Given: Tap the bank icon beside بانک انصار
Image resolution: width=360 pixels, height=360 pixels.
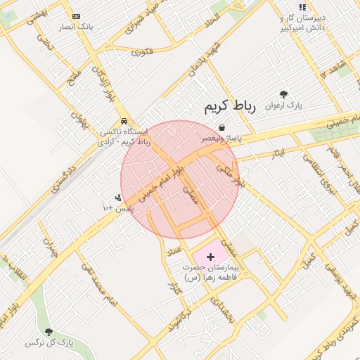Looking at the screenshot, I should [76, 16].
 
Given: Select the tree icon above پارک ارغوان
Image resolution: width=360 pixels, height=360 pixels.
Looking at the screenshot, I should [283, 94].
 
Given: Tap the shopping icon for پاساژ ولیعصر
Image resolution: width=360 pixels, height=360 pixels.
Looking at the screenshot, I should [223, 127].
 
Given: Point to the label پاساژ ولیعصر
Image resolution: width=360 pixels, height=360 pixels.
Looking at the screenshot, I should [223, 139].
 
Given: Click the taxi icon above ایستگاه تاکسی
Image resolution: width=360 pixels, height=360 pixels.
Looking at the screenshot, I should [124, 121].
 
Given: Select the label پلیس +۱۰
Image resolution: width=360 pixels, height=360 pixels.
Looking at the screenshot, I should [117, 209].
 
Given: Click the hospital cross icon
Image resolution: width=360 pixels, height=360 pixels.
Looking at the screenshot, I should [210, 258].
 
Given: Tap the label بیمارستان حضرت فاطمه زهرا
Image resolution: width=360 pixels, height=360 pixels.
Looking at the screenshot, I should [211, 273].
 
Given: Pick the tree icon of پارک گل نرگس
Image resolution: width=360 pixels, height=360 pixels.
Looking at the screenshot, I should [49, 331].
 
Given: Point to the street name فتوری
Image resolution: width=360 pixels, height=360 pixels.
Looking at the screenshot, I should [141, 51].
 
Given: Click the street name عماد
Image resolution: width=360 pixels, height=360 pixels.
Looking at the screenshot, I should [174, 251].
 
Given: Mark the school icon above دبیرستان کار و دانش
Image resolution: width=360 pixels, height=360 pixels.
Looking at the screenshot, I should [302, 7].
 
